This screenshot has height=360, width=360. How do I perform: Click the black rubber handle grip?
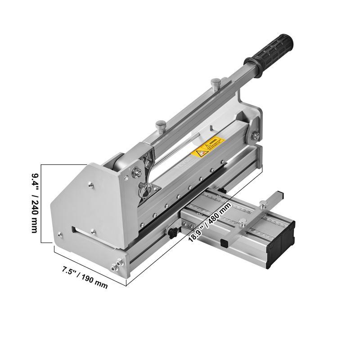(x=270, y=48)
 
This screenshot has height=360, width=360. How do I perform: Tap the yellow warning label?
(x=208, y=148)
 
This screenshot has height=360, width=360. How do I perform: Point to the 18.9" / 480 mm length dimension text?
(x=210, y=222)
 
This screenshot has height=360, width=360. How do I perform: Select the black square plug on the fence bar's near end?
(x=224, y=243)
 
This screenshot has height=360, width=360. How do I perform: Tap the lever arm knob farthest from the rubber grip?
(x=160, y=124)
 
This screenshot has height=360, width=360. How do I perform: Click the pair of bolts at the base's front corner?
(x=116, y=266)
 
